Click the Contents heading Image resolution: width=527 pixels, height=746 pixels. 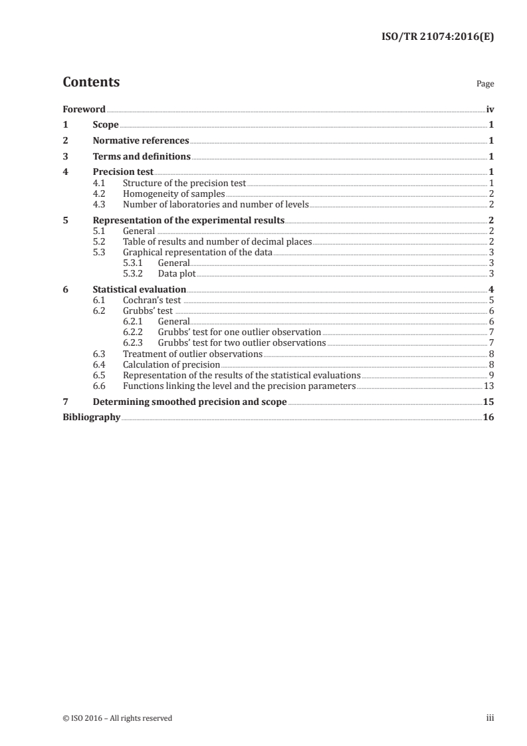coord(91,82)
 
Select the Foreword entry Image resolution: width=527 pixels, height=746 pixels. coord(84,108)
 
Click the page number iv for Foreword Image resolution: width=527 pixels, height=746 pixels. coord(490,108)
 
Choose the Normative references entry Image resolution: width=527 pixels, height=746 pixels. coord(141,140)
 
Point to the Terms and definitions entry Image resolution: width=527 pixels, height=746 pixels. coord(142,157)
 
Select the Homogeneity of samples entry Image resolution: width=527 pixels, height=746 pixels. coord(169,193)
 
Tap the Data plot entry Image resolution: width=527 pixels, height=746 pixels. coord(176,273)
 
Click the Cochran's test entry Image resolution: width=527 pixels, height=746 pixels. coord(152,300)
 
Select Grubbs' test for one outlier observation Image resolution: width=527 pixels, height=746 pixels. coord(239,332)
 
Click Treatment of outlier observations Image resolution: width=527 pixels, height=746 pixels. coord(193,354)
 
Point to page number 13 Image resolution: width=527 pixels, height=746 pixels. coord(488,386)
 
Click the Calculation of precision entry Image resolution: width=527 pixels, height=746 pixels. coord(171,364)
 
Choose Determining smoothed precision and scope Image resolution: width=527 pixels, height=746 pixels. coord(189,402)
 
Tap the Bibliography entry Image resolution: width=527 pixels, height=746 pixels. coord(91,418)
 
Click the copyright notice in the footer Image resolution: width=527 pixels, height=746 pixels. coord(117,717)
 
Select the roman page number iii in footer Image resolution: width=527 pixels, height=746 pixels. coord(490,717)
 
